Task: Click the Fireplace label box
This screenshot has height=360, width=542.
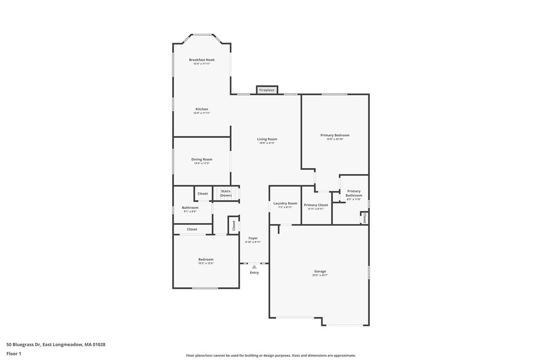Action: click(267, 90)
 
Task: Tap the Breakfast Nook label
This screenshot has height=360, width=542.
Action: click(202, 60)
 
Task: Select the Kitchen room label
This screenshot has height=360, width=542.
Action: click(202, 109)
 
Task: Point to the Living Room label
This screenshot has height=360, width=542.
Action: click(267, 139)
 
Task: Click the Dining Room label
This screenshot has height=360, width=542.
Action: click(202, 159)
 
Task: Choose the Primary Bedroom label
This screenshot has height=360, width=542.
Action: click(335, 135)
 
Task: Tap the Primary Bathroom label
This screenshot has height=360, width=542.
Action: click(354, 193)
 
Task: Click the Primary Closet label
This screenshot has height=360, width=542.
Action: click(316, 205)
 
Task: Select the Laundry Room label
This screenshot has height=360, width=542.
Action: click(285, 203)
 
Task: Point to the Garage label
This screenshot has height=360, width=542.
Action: click(320, 271)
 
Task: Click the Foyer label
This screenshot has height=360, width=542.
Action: click(253, 238)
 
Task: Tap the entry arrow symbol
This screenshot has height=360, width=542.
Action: click(254, 266)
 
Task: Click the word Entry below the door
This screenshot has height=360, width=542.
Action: click(254, 273)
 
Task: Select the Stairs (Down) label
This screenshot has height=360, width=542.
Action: click(226, 193)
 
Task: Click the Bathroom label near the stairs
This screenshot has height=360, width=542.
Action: click(190, 208)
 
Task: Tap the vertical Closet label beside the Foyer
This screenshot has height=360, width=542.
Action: click(234, 225)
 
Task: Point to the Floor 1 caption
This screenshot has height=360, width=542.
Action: click(14, 354)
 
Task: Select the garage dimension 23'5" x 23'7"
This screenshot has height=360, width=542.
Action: click(320, 275)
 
